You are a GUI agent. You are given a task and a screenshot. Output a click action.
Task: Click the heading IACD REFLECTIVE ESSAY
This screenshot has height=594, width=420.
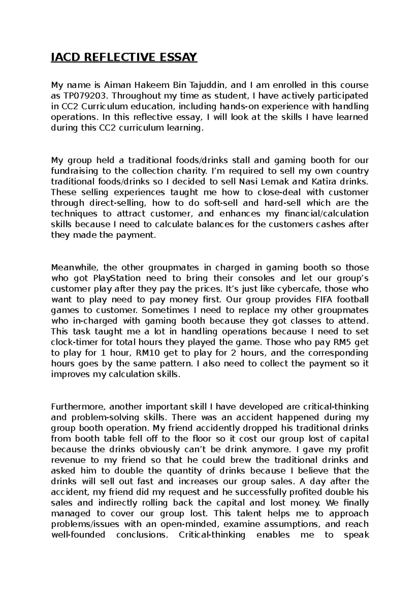pos(124,57)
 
